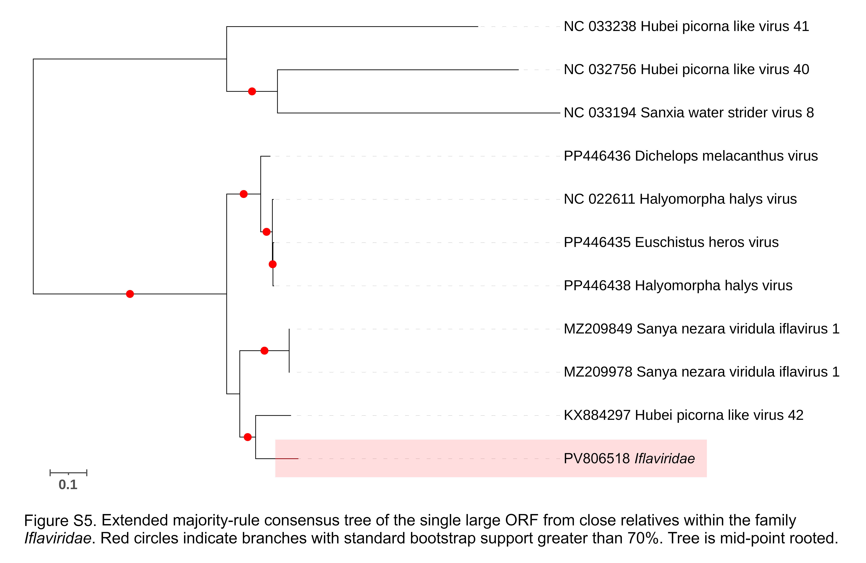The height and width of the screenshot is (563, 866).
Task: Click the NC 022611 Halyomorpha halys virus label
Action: [x=680, y=199]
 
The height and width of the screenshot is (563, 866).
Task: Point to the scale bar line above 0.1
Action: [x=68, y=473]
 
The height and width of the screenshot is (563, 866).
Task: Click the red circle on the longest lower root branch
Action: [x=130, y=294]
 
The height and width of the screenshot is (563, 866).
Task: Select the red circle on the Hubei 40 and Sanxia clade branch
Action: [x=252, y=91]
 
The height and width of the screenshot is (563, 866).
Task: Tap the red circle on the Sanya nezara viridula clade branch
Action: [x=265, y=351]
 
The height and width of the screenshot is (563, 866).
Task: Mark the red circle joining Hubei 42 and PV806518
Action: [x=247, y=437]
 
